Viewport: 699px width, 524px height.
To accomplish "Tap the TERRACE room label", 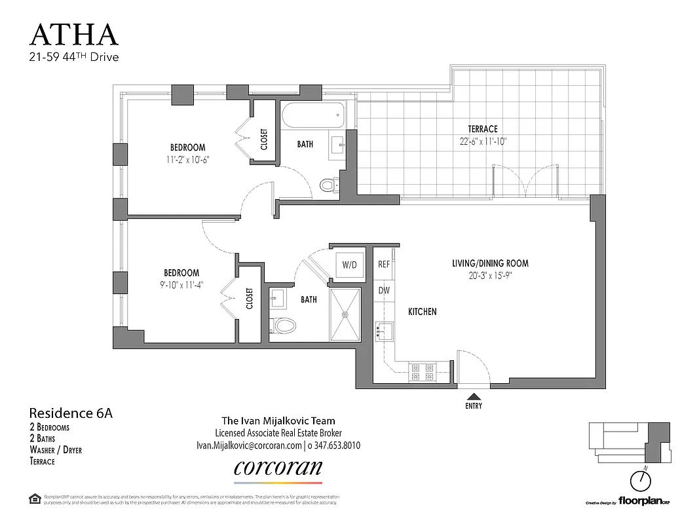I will point(482,129).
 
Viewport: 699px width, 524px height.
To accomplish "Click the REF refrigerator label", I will point(384,265).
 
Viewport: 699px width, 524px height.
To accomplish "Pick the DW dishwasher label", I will point(384,290).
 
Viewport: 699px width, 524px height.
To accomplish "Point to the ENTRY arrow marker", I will point(473,396).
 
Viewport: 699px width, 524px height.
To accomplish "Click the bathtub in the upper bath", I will point(312,117).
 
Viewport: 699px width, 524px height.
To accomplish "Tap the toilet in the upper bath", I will point(328,186).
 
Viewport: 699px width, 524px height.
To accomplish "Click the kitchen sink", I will point(384,331).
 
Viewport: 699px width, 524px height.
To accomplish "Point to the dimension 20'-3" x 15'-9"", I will point(490,275).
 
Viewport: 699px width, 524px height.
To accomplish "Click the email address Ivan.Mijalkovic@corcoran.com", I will point(248,445).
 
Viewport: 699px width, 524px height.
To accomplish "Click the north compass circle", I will point(641,483).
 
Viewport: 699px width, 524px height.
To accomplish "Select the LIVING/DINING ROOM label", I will point(490,263).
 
